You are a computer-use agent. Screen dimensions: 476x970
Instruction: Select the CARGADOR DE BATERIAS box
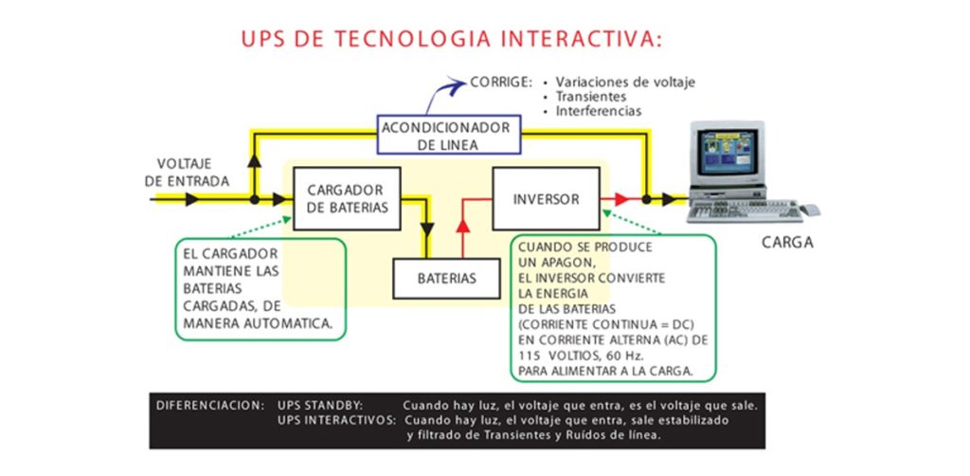tap(347, 198)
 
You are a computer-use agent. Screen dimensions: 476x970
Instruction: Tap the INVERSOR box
tap(546, 199)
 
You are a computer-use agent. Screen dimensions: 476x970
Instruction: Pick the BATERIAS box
tap(447, 279)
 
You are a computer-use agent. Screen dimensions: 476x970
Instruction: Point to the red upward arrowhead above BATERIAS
tap(462, 225)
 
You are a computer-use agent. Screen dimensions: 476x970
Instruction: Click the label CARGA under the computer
tap(787, 243)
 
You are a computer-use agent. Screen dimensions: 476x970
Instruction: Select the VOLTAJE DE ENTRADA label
tap(187, 172)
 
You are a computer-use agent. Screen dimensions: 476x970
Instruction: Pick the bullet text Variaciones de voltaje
tap(625, 82)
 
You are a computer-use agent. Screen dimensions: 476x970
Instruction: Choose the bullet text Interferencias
tap(599, 111)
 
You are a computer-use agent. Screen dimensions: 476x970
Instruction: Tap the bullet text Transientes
tap(591, 97)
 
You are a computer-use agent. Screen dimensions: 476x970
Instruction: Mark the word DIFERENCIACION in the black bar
tap(210, 405)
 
